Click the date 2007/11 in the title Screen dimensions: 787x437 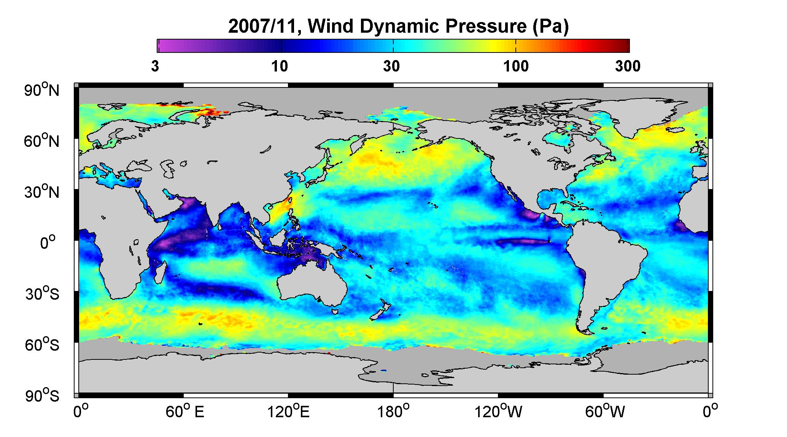265,27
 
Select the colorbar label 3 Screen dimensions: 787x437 155,66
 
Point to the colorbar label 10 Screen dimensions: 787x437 280,66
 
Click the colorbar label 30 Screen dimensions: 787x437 391,66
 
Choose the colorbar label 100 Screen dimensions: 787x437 516,66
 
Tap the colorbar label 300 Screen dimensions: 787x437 628,66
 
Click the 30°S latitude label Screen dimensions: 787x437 42,294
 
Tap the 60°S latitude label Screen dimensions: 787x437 42,345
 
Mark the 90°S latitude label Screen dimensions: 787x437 42,396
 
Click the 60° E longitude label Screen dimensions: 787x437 185,412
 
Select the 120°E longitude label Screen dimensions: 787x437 289,412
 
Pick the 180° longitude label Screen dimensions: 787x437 393,412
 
